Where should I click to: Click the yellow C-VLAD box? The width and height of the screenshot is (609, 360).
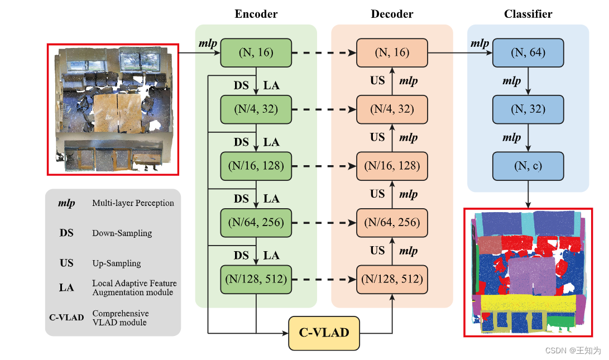(324, 333)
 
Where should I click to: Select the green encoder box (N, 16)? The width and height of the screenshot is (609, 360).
(256, 53)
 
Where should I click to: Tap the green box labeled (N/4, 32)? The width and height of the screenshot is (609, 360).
(256, 109)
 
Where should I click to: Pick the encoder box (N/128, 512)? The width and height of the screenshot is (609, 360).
(256, 279)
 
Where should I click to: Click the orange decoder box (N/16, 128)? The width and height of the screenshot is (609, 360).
(392, 166)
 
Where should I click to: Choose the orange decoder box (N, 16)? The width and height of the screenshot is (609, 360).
(392, 53)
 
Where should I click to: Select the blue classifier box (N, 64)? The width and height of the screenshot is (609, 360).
(528, 53)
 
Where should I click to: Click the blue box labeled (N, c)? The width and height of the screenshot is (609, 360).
(528, 166)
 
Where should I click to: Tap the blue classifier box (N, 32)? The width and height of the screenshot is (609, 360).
(528, 109)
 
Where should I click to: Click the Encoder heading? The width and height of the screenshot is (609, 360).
(256, 14)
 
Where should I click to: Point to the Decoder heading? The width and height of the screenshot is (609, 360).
(392, 14)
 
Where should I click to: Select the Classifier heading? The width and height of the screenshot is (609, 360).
(528, 14)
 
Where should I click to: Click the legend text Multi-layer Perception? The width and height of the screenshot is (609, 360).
(133, 203)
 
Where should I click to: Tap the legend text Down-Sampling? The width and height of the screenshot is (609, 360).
(122, 233)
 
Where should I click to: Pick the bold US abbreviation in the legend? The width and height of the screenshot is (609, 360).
(66, 263)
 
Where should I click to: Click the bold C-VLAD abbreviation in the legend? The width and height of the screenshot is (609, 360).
(66, 318)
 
